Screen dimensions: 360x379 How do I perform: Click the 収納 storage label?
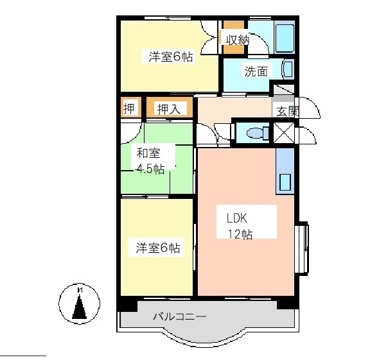[x=236, y=39]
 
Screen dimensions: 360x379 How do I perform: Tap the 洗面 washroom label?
[x=255, y=71]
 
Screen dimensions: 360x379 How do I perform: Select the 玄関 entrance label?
[x=287, y=110]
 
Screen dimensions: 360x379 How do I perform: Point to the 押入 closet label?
[x=169, y=110]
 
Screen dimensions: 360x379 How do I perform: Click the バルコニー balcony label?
[x=180, y=317]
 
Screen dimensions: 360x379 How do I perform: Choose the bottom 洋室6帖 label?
[x=157, y=248]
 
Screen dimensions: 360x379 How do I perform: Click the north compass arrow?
[x=79, y=305]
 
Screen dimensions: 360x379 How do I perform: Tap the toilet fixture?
[x=255, y=133]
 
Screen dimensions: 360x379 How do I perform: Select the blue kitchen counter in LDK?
[x=285, y=170]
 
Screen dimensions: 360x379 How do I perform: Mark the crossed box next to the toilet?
[x=284, y=133]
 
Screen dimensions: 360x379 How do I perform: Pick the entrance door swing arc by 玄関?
[x=309, y=107]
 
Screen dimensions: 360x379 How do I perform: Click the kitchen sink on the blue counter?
[x=285, y=182]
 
